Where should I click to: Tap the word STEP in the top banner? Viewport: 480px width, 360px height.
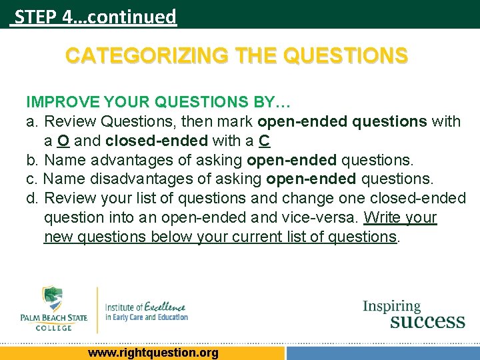coord(35,16)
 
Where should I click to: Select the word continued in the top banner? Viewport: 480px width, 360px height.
coord(131,16)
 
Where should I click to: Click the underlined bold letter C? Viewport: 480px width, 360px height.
coord(265,141)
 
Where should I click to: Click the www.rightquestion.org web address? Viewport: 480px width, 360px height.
coord(153,353)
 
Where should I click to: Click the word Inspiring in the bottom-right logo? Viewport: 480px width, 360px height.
coord(391,307)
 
